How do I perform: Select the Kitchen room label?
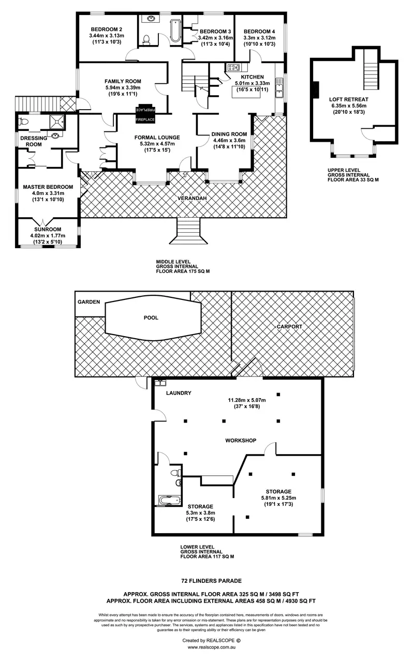253,77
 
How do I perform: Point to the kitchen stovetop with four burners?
233,67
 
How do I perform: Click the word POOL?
151,318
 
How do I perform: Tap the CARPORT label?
289,327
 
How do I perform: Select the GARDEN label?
88,301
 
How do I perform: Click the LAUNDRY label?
179,393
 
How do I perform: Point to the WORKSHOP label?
241,441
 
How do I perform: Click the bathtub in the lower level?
168,500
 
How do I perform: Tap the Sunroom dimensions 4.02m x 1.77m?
48,236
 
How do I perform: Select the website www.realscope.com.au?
212,647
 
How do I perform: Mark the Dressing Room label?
31,141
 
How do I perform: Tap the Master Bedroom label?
48,187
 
